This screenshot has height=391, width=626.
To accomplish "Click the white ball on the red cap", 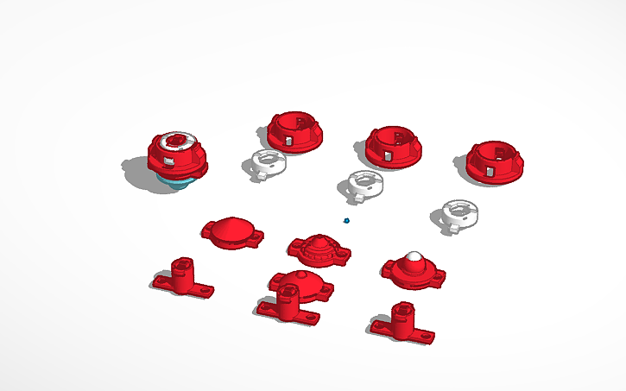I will [x=414, y=257].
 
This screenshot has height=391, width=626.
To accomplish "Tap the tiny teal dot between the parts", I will [x=346, y=220].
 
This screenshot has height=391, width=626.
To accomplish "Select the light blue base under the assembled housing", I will [x=177, y=182].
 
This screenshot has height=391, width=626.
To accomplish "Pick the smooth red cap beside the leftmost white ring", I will [x=231, y=231].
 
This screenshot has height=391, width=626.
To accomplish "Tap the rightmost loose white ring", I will [x=458, y=213].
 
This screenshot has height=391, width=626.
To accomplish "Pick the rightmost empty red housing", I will [x=496, y=161].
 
